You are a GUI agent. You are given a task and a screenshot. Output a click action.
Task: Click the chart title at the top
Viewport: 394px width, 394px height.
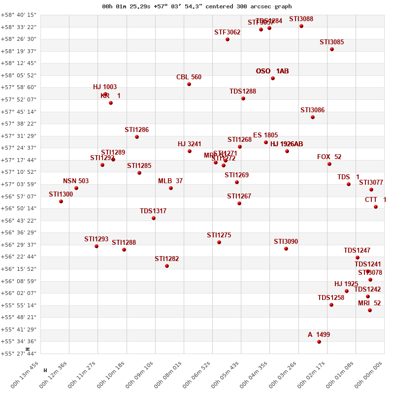point(197,6)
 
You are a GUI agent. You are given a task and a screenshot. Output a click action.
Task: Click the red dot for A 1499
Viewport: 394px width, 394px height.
point(319,342)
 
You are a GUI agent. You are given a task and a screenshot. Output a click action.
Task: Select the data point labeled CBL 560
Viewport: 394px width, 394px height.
point(189,84)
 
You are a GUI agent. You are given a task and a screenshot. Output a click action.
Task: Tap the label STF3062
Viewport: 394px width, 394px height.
point(227,33)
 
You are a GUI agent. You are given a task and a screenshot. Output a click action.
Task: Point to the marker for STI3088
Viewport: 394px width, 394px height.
point(301,26)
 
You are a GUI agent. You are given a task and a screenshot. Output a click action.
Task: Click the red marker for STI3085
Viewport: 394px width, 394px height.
point(332,49)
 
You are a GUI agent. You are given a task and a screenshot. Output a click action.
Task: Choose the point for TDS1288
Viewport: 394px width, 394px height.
point(243,98)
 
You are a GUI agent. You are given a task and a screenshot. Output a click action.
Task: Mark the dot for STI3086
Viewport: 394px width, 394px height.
point(313,117)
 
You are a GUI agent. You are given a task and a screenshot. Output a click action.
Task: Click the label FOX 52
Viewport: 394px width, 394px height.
point(329,157)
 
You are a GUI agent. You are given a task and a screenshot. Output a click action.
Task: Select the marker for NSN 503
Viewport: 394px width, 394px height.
point(76,188)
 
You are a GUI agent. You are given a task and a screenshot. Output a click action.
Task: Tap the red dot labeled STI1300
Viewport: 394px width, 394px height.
point(61,201)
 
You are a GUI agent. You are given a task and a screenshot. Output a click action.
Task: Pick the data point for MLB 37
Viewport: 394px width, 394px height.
point(171,188)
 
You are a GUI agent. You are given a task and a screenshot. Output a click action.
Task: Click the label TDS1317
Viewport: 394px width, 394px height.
point(153,211)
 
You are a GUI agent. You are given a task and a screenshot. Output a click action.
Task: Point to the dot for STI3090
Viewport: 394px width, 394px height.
point(286,249)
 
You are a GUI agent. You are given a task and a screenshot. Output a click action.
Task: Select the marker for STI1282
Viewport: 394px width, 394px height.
point(167,266)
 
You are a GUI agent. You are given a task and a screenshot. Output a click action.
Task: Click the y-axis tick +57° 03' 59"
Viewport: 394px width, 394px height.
point(19,184)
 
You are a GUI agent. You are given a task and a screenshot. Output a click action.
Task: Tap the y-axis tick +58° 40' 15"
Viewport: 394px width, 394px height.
point(19,15)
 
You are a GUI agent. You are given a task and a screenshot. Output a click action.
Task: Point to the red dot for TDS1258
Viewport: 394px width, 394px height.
point(331,305)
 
